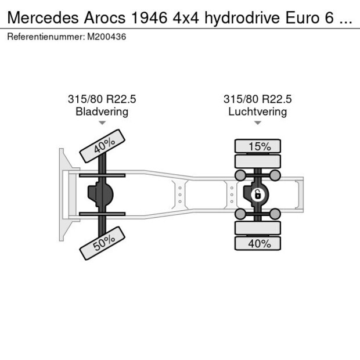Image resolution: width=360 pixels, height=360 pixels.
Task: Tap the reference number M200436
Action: click(107, 37)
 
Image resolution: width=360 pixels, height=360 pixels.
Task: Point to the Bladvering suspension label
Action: click(102, 111)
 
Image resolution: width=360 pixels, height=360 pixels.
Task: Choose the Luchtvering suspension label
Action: click(257, 111)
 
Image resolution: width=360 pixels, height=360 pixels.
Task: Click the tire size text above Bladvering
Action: click(102, 99)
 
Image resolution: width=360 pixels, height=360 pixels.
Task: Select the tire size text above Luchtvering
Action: click(257, 99)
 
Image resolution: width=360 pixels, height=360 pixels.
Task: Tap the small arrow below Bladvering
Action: click(102, 123)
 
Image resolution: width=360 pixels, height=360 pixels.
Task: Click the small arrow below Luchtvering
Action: click(257, 123)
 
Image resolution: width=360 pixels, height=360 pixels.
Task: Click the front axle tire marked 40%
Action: click(102, 147)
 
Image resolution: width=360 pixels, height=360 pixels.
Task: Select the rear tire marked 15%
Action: click(257, 146)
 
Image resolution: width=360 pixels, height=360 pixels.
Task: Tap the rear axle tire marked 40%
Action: click(257, 244)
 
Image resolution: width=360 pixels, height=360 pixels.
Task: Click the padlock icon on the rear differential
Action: click(257, 193)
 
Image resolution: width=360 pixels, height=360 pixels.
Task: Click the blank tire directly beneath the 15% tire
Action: click(257, 161)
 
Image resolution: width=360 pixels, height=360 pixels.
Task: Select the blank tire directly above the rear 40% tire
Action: click(257, 228)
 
